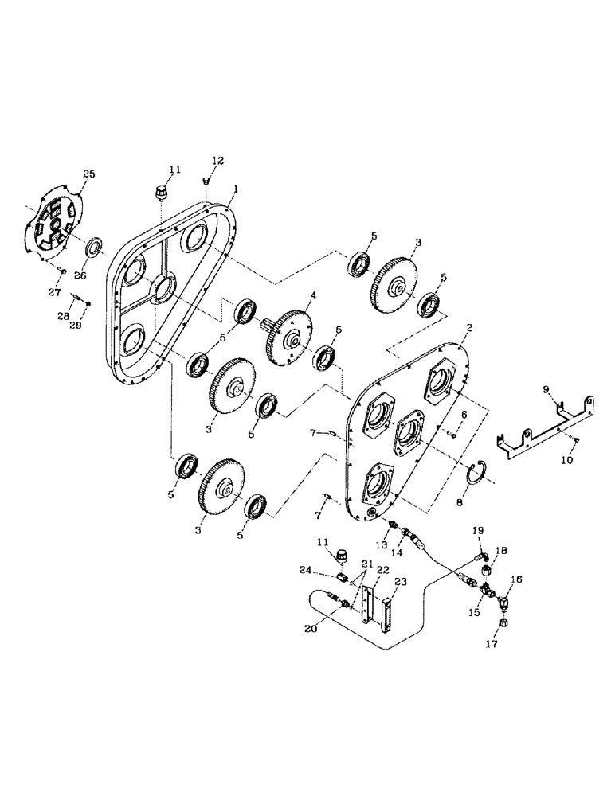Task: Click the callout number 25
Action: tap(89, 173)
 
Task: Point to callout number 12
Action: tap(217, 161)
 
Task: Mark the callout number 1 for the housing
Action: tap(237, 190)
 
